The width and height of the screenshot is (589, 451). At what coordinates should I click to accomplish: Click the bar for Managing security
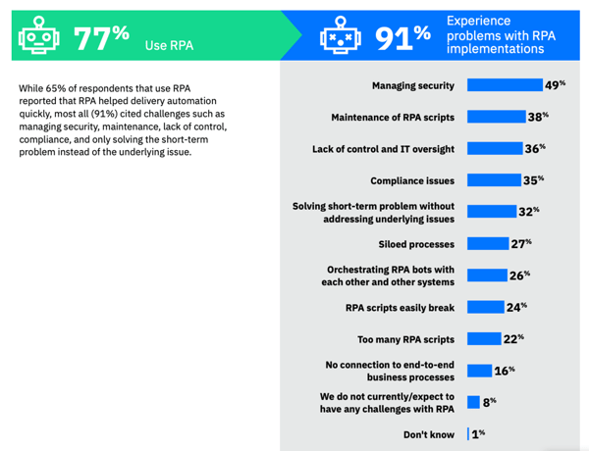(x=504, y=86)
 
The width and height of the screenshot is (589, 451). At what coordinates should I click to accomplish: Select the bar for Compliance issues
(x=494, y=180)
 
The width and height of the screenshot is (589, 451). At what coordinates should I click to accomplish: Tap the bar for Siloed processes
(x=487, y=243)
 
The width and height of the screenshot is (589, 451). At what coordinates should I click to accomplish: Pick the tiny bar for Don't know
(x=468, y=433)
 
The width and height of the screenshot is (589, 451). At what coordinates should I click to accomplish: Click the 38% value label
(x=537, y=118)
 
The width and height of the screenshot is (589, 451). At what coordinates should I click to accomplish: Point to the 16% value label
(x=505, y=370)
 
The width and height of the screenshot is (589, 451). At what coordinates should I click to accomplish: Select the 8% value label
(x=489, y=401)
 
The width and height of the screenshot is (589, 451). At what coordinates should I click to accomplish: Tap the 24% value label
(x=516, y=307)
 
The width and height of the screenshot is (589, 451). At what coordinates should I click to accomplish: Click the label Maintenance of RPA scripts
(x=393, y=118)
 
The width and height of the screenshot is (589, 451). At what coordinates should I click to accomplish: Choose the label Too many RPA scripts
(x=405, y=339)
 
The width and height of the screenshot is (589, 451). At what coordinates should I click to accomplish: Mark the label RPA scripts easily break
(x=400, y=307)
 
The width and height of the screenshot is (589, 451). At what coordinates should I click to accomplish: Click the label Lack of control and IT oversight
(x=383, y=149)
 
